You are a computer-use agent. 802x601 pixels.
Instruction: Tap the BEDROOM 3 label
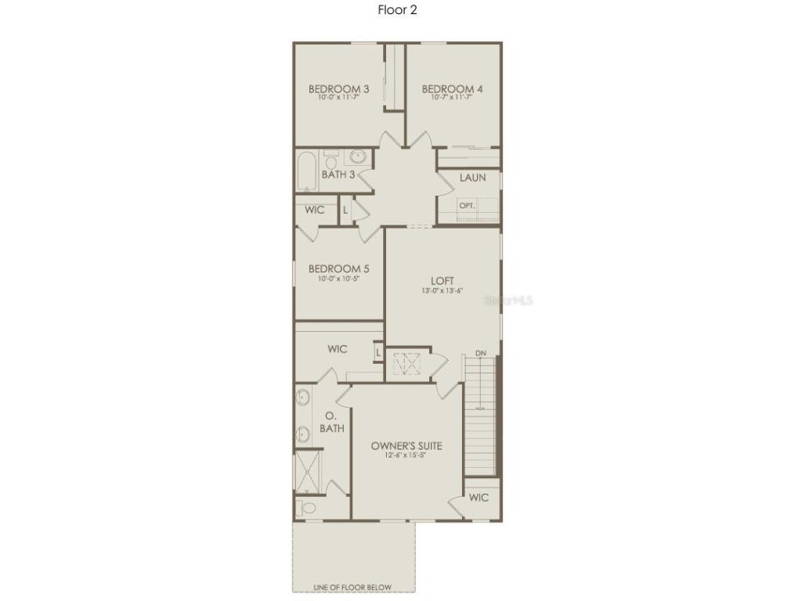click(x=338, y=89)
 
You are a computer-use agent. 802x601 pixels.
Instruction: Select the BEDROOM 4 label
click(x=452, y=89)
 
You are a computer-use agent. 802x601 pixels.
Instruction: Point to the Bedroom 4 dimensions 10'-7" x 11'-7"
click(x=452, y=99)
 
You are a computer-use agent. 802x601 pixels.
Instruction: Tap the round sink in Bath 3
click(x=358, y=157)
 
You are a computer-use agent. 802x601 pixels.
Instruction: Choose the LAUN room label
click(x=472, y=178)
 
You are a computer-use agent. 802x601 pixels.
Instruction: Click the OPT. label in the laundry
click(x=467, y=206)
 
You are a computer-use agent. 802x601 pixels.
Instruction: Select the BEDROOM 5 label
click(x=338, y=268)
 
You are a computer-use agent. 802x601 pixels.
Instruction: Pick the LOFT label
click(x=443, y=281)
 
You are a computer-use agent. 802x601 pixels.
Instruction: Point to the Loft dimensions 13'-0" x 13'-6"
click(x=443, y=291)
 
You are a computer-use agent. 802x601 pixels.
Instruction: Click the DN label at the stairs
click(x=480, y=354)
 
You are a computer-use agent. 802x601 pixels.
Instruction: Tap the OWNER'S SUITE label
click(x=406, y=446)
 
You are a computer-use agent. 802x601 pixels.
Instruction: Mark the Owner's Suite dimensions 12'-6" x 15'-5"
click(x=406, y=455)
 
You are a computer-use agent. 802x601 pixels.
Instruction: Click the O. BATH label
click(x=331, y=423)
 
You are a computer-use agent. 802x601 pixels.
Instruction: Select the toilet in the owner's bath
click(x=307, y=509)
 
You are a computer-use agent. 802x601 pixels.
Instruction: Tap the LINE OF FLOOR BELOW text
click(x=352, y=588)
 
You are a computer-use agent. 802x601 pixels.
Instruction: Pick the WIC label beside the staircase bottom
click(x=479, y=498)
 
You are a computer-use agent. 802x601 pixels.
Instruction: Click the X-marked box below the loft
click(x=406, y=364)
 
